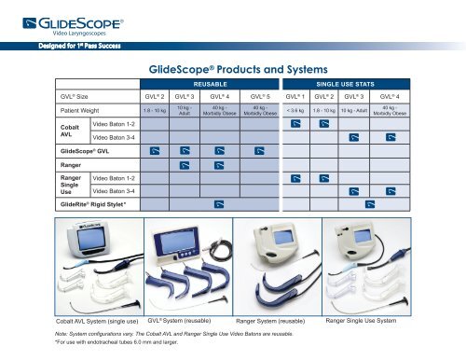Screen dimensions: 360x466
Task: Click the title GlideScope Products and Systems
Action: [x=232, y=69]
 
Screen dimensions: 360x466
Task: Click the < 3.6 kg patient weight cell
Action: [x=296, y=112]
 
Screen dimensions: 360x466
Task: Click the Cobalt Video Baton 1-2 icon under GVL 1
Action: [x=296, y=125]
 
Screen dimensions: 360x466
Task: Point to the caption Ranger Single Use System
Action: [x=361, y=320]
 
